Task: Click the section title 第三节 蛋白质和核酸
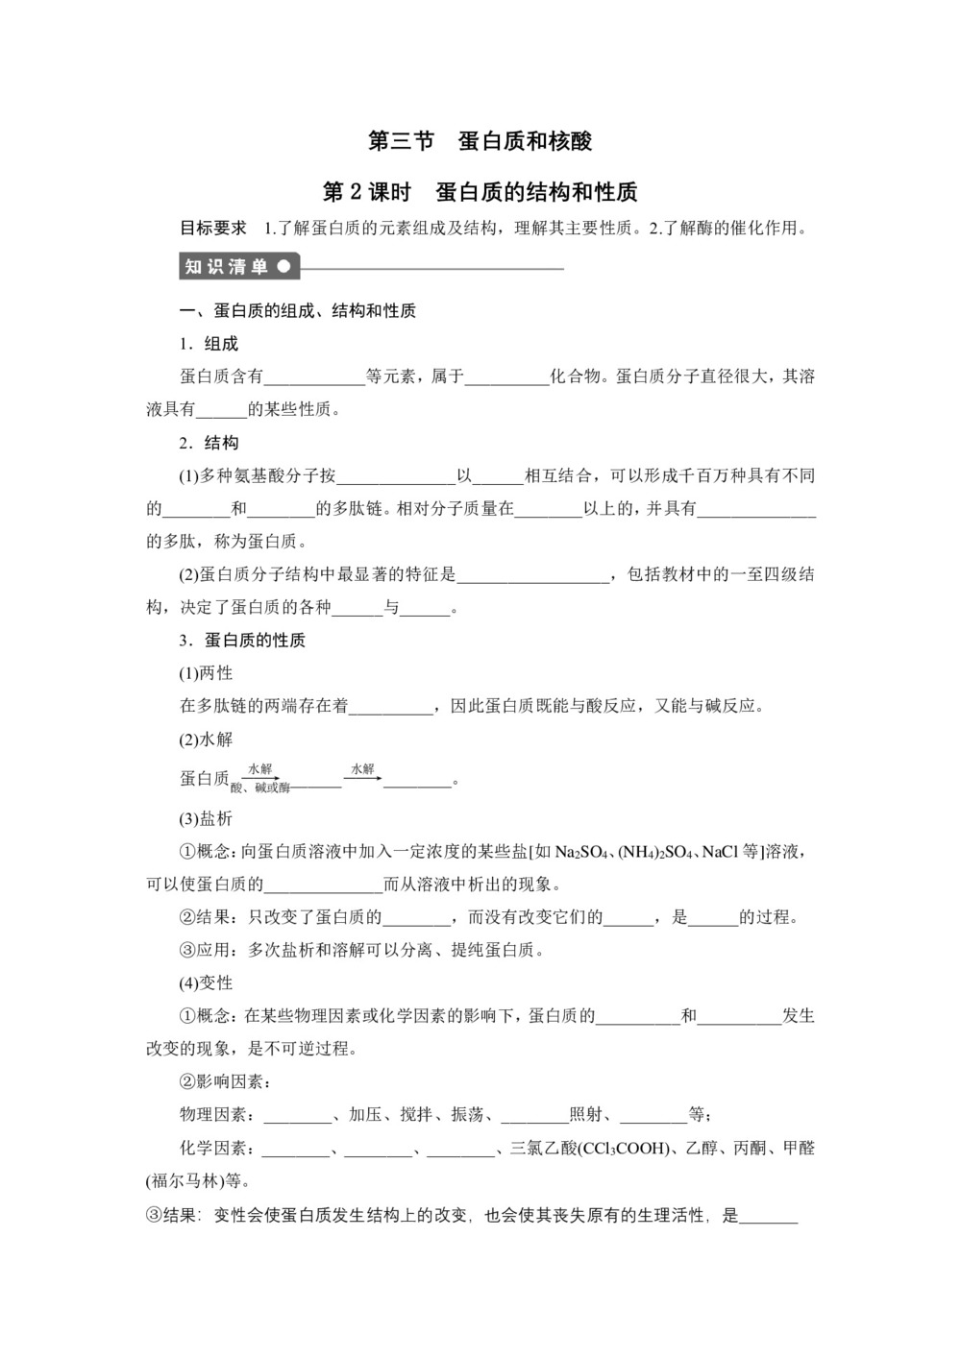tap(480, 141)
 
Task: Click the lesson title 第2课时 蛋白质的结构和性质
tap(480, 192)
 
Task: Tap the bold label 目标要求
tap(213, 229)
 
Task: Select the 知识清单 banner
tap(239, 267)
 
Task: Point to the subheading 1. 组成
tap(209, 344)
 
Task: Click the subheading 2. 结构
tap(209, 443)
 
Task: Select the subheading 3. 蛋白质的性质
tap(242, 641)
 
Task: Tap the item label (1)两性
tap(207, 673)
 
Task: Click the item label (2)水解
tap(207, 740)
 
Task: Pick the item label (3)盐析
tap(207, 819)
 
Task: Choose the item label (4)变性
tap(207, 982)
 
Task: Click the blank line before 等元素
tap(314, 377)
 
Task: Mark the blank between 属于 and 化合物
tap(506, 377)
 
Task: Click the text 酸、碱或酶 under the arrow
tap(259, 788)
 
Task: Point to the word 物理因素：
tap(218, 1115)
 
